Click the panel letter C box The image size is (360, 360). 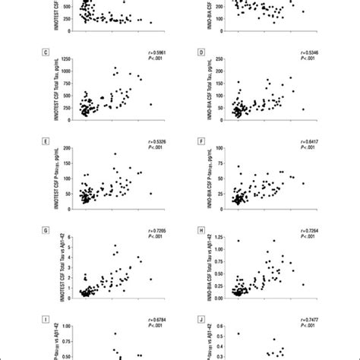coord(48,53)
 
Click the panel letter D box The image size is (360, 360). coord(201,53)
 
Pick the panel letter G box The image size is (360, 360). coord(48,230)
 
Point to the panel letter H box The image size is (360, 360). coord(201,230)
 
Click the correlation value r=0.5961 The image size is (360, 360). coord(155,52)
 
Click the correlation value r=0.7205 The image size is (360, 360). coord(155,229)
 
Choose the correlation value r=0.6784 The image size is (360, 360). coord(155,320)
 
